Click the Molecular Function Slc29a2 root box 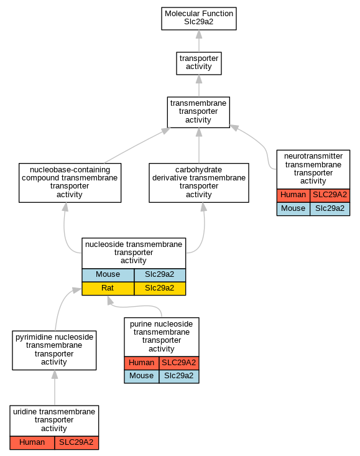point(199,19)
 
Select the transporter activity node point(199,63)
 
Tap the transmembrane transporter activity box point(198,112)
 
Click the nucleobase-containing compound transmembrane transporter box point(70,183)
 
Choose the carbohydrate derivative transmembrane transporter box point(199,183)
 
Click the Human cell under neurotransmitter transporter point(293,195)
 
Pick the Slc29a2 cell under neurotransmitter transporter point(330,209)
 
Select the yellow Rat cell point(108,289)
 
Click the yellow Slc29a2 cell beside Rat point(160,289)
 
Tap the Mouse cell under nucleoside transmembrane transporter point(108,275)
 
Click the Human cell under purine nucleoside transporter point(142,363)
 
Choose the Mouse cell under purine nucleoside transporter point(142,376)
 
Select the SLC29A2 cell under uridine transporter point(76,443)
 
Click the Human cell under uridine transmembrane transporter point(32,443)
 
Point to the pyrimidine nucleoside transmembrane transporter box point(54,350)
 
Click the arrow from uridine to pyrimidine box point(55,388)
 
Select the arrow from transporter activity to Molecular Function point(199,41)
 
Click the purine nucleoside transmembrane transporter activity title point(162,337)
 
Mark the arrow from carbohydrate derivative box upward point(199,146)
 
